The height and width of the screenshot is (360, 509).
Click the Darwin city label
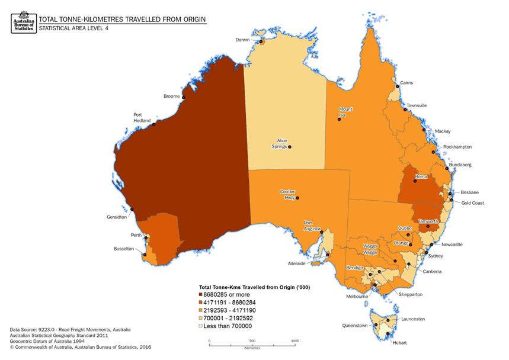tap(242, 40)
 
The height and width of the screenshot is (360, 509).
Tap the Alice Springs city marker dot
tap(290, 147)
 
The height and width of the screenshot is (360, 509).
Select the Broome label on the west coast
tap(172, 96)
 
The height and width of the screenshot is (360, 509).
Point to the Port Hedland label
tap(142, 117)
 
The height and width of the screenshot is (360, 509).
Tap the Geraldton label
tap(116, 217)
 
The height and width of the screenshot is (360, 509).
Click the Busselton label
tap(124, 249)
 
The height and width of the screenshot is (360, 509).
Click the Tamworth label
tap(428, 221)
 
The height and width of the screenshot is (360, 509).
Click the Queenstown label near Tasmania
tap(354, 326)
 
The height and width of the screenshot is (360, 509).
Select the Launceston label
tap(413, 319)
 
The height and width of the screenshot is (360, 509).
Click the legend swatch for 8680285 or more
tap(201, 294)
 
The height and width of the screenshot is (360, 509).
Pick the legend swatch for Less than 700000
tap(201, 325)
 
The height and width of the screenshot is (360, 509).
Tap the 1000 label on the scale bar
tap(295, 341)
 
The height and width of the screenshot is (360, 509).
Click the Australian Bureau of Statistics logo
tap(23, 21)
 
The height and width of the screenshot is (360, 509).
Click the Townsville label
tap(417, 105)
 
